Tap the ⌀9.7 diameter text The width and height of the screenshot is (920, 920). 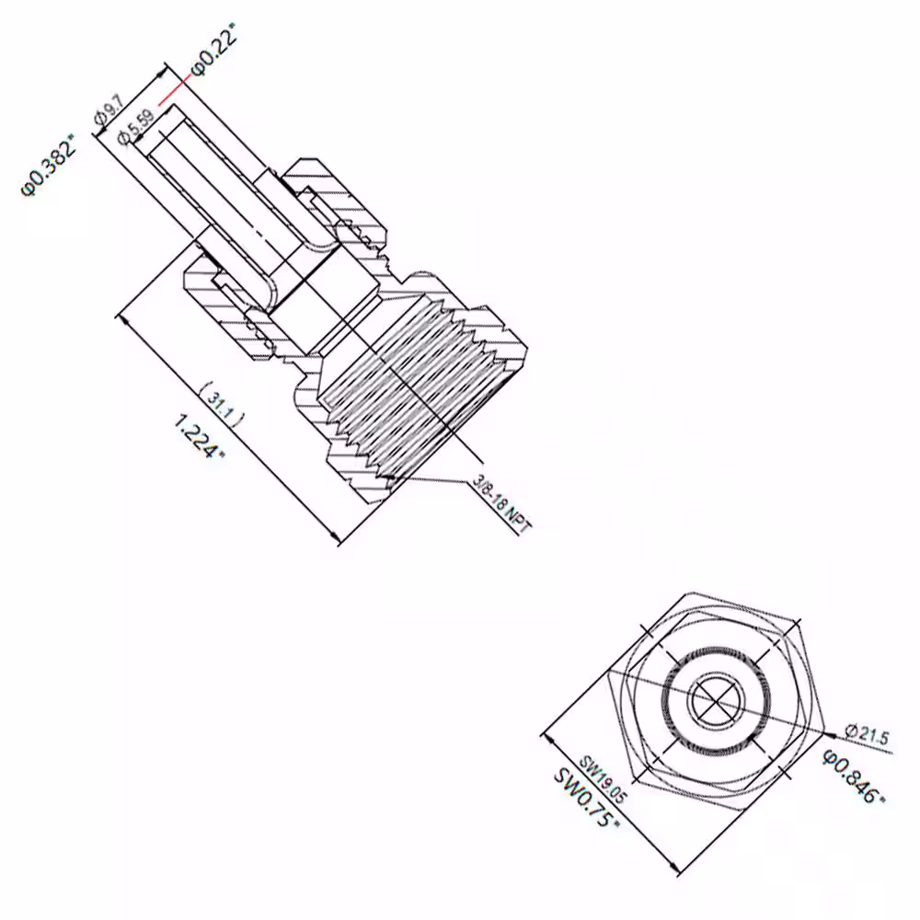pyautogui.click(x=109, y=110)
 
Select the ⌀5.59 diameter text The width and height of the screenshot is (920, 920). pyautogui.click(x=136, y=126)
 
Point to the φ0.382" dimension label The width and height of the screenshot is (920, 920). pyautogui.click(x=50, y=165)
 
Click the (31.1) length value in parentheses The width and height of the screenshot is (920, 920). pyautogui.click(x=222, y=401)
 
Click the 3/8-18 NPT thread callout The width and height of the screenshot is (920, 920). pyautogui.click(x=502, y=504)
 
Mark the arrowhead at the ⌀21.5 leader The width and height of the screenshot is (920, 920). pyautogui.click(x=829, y=733)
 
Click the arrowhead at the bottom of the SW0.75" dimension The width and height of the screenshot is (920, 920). pyautogui.click(x=674, y=866)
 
